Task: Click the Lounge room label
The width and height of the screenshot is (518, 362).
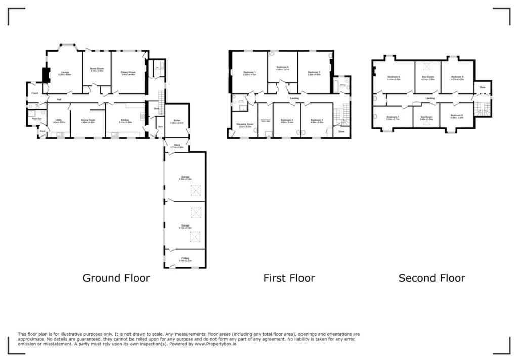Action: click(x=64, y=72)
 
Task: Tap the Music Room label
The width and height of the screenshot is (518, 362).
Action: click(x=97, y=69)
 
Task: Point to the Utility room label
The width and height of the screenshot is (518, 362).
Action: click(x=59, y=120)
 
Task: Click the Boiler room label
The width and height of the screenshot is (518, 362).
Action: click(x=177, y=120)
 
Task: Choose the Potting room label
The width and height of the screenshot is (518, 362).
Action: click(x=185, y=258)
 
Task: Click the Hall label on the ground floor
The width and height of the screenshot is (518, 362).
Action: click(x=59, y=99)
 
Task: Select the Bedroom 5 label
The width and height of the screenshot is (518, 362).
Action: click(x=282, y=67)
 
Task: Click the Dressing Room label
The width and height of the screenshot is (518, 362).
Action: click(x=245, y=123)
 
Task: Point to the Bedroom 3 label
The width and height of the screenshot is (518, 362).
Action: click(x=317, y=120)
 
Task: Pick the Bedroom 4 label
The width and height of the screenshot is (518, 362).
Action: click(x=287, y=120)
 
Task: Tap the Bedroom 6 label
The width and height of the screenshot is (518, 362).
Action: click(x=394, y=77)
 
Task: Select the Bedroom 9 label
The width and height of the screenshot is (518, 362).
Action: click(x=457, y=77)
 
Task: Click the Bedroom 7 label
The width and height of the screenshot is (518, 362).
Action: click(x=393, y=117)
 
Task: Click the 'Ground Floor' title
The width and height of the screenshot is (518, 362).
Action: click(x=116, y=278)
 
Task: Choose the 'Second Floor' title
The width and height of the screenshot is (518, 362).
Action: click(x=431, y=278)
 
